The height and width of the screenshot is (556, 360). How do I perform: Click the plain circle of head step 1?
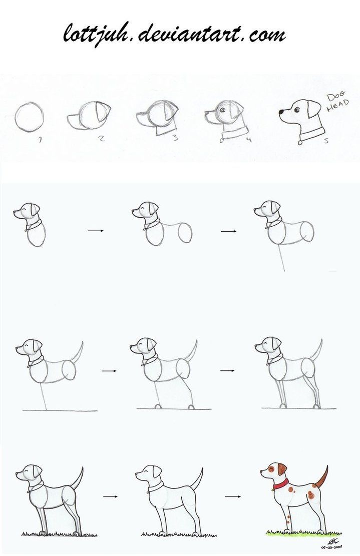(29, 117)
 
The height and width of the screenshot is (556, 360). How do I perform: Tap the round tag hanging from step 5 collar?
(300, 143)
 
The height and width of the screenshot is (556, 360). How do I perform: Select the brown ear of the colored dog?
(282, 469)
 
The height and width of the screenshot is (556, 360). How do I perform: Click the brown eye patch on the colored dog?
(271, 469)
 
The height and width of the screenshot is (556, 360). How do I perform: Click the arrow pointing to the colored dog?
(232, 497)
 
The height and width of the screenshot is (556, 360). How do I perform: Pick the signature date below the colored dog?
(323, 547)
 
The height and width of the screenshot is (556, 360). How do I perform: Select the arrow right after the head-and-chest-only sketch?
(95, 231)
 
